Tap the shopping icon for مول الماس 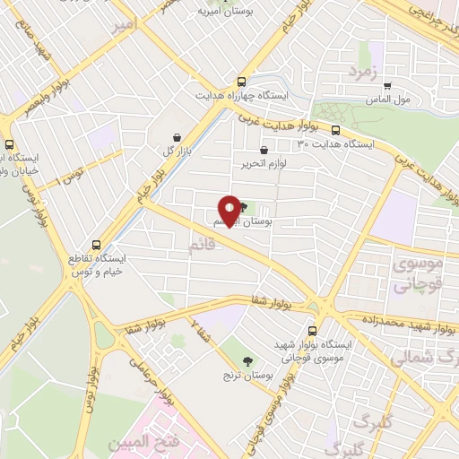(x=386, y=88)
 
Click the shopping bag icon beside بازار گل (x=178, y=137)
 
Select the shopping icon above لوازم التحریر (x=263, y=151)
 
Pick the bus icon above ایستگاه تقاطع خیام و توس (x=97, y=244)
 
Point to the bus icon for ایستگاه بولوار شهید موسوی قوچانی (x=312, y=329)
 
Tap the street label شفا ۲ (x=200, y=330)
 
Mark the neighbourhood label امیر (x=128, y=27)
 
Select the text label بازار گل (x=178, y=151)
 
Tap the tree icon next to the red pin (x=243, y=207)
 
